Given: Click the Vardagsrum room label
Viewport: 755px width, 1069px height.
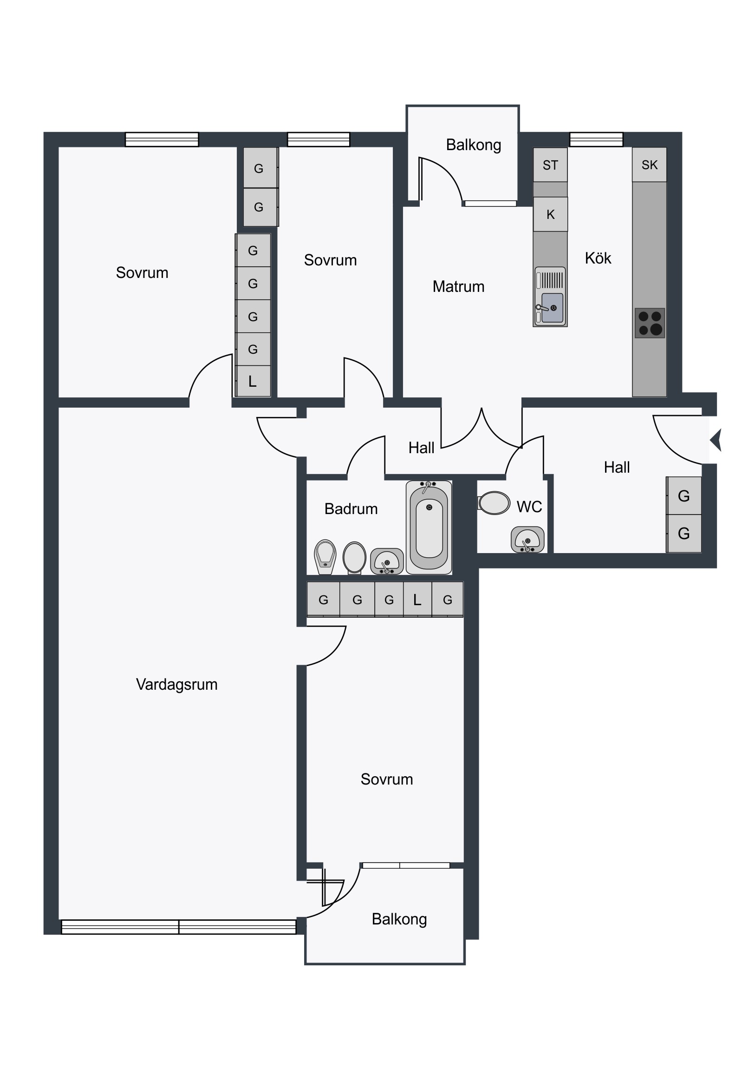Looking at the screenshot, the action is (177, 685).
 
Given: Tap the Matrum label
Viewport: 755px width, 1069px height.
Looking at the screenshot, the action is (458, 286).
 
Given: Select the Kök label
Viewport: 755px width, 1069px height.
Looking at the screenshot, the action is (598, 258).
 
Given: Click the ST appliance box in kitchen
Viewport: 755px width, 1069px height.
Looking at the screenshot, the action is (550, 165).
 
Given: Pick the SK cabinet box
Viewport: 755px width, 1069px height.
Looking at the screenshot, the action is (650, 165).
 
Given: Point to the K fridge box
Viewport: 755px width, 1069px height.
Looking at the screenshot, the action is (550, 214).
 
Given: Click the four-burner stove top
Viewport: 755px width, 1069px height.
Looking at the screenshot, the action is (650, 323).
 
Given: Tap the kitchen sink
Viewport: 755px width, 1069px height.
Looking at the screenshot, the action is (550, 297).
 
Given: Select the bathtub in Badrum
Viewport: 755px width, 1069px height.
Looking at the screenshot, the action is (429, 528).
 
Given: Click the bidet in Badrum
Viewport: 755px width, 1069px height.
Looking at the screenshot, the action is (325, 557).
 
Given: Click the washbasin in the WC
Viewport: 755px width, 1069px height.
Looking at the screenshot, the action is (527, 540).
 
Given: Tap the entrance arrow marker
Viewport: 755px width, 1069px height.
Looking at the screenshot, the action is (716, 440).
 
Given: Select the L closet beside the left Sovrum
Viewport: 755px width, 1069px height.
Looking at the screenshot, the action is (253, 381).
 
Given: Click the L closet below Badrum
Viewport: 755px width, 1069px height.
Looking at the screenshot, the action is (417, 600).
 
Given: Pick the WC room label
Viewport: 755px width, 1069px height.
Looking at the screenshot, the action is (529, 507).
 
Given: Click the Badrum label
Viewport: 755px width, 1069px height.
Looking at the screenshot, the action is (351, 509).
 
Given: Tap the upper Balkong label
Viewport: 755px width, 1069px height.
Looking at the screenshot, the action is (474, 145).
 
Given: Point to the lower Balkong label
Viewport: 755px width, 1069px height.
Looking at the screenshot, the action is (399, 919).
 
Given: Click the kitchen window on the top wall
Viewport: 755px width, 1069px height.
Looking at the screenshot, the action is (596, 139).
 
